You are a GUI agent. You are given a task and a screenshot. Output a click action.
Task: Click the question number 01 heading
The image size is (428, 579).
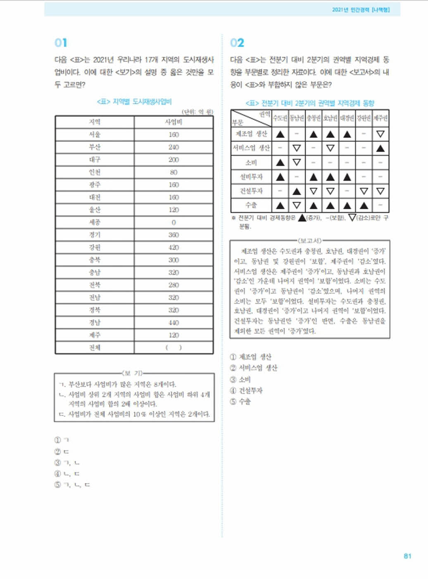[x=61, y=43]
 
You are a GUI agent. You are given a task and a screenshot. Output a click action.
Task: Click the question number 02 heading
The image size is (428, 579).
[x=237, y=43]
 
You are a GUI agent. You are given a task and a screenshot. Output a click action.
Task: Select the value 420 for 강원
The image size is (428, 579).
[x=174, y=247]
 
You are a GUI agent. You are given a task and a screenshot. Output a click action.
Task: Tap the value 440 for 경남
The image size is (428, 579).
[x=174, y=323]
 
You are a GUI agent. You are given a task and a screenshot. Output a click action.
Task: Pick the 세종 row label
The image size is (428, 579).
[x=95, y=222]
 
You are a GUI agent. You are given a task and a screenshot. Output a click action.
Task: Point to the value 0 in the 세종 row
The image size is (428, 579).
[x=174, y=223]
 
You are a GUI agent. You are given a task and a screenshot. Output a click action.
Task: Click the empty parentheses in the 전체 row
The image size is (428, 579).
[x=174, y=347]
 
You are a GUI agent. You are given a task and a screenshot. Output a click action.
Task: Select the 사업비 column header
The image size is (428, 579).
[x=174, y=122]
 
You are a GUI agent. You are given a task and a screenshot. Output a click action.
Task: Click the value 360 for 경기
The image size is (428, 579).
[x=174, y=235]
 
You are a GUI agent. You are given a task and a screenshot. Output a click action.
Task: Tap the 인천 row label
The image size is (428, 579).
[x=95, y=172]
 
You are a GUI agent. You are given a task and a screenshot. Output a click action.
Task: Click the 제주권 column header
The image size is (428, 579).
[x=380, y=118]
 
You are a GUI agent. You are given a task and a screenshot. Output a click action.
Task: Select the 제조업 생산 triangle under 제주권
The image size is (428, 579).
[x=380, y=134]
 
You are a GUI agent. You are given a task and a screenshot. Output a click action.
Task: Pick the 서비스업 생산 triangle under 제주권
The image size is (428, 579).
[x=380, y=148]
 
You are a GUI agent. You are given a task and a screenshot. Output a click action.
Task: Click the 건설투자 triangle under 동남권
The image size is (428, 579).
[x=297, y=191]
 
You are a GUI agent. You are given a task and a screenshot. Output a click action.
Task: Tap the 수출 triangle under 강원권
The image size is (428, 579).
[x=364, y=205]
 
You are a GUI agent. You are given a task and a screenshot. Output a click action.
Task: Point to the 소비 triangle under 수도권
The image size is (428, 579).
[x=280, y=163]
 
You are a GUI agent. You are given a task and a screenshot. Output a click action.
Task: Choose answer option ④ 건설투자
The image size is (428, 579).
[x=246, y=390]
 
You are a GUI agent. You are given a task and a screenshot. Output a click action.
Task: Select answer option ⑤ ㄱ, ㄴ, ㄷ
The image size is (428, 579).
[x=72, y=485]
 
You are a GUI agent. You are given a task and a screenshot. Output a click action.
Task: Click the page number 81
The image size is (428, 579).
[x=407, y=556]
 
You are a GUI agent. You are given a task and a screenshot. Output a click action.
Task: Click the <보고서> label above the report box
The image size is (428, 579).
[x=310, y=240]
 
